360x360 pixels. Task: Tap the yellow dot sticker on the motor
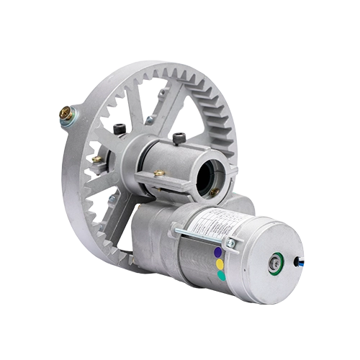[218, 264]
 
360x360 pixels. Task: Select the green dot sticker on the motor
[221, 275]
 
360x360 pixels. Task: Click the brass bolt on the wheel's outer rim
[66, 113]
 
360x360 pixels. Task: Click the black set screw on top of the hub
[179, 138]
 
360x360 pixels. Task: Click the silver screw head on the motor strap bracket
[230, 243]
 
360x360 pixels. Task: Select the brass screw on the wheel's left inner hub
[96, 158]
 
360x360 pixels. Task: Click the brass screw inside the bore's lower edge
[214, 192]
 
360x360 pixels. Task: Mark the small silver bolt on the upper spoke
[147, 120]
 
